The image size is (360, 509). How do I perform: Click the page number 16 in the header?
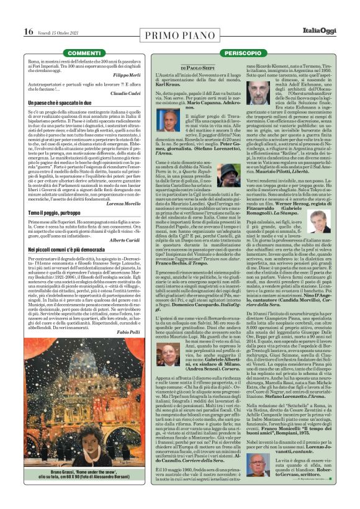29,32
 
